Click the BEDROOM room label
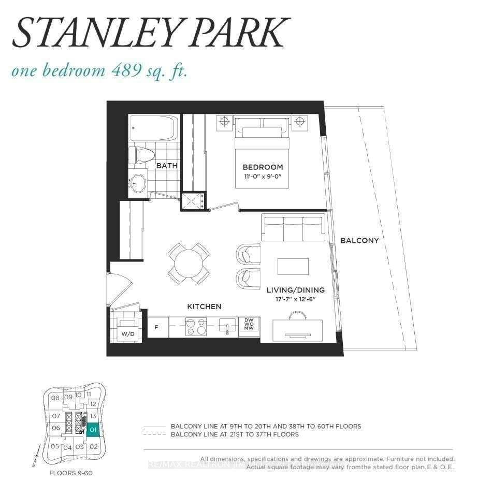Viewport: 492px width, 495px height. [x=263, y=167]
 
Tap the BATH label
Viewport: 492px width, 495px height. [x=167, y=166]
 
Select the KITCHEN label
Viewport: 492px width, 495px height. [x=204, y=307]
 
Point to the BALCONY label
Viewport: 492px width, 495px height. [x=359, y=240]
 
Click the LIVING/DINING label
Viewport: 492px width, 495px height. [x=296, y=290]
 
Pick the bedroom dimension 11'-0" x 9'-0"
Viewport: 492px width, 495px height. [x=263, y=177]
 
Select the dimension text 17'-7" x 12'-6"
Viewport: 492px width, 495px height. [x=296, y=299]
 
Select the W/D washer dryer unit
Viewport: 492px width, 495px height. [x=127, y=329]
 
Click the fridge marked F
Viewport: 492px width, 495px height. [x=156, y=327]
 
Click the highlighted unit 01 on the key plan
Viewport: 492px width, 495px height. [x=93, y=429]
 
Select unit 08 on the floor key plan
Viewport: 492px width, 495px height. [x=55, y=398]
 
